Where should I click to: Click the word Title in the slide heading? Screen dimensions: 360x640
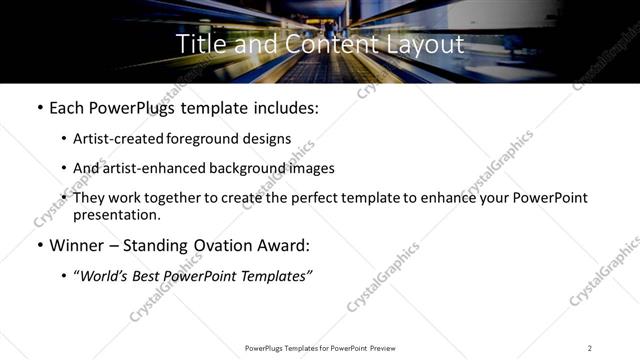click(199, 44)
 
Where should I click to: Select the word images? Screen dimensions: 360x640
click(310, 169)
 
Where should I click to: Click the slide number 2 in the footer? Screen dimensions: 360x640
click(590, 348)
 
